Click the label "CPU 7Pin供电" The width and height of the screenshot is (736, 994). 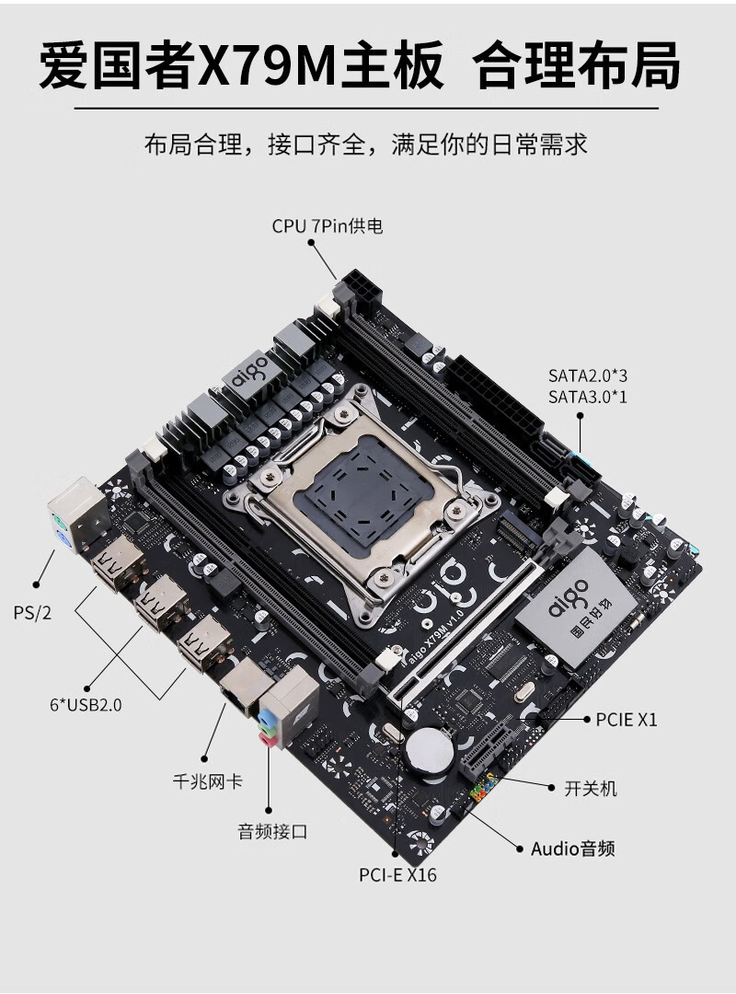[x=328, y=226]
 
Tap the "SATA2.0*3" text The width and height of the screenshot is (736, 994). [x=587, y=376]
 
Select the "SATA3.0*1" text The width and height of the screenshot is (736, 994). [x=587, y=397]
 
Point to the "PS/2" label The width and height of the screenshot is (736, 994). [x=32, y=613]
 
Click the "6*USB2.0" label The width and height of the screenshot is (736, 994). [x=86, y=705]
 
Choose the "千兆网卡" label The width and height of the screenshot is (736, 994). [x=207, y=781]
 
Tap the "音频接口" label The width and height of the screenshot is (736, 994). [x=272, y=831]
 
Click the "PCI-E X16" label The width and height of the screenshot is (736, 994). [x=397, y=875]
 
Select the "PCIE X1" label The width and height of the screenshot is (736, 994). [x=627, y=720]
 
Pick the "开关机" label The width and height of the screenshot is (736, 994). [x=591, y=789]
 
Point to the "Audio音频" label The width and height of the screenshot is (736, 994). [x=572, y=849]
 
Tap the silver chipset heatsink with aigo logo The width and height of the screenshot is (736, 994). [x=576, y=607]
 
